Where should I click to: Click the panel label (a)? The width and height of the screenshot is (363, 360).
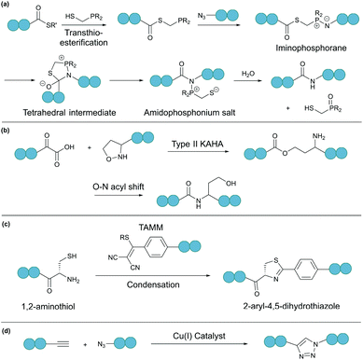(x=7, y=7)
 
